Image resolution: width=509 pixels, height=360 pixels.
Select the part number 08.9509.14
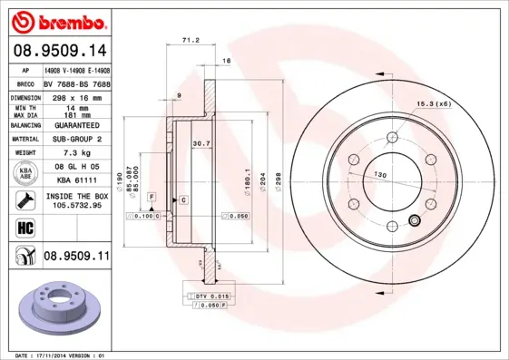click(59, 51)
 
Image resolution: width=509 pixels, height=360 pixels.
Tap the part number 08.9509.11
click(76, 257)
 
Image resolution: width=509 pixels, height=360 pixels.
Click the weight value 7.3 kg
click(76, 153)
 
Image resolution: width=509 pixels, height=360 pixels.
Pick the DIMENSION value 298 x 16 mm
click(76, 96)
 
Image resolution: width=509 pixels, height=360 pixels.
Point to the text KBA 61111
click(76, 181)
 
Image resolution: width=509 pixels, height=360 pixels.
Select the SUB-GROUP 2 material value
click(76, 139)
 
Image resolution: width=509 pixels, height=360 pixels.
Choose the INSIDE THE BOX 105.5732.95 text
click(76, 200)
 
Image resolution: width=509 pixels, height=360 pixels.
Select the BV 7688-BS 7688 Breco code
click(76, 83)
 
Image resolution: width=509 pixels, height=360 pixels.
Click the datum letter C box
click(183, 199)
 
